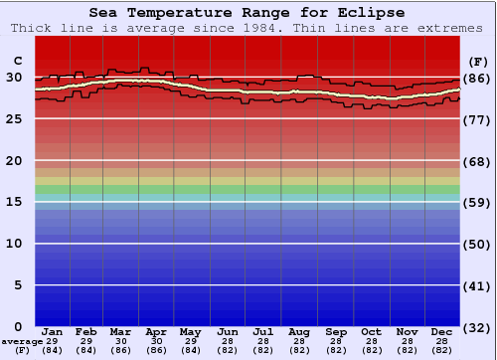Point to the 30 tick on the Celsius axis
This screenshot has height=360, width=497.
click(x=14, y=78)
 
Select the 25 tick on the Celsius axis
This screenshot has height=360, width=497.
click(x=14, y=119)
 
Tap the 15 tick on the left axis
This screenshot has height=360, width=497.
click(x=14, y=202)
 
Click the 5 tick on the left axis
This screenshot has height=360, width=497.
click(x=18, y=285)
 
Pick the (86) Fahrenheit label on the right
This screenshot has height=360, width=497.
click(x=477, y=78)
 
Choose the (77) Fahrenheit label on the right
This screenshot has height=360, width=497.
click(x=477, y=119)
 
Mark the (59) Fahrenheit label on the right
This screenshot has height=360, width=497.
click(x=477, y=202)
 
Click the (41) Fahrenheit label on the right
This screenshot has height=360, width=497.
click(x=477, y=285)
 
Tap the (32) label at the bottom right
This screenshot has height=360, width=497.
click(x=477, y=327)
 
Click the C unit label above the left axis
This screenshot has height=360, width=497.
click(x=17, y=61)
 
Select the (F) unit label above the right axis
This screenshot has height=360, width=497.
click(x=477, y=61)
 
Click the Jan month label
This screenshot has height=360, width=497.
click(x=53, y=331)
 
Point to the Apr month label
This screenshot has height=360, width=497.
click(x=156, y=331)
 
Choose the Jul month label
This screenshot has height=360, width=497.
click(x=263, y=331)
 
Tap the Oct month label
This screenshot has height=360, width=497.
click(x=371, y=331)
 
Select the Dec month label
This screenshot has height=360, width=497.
click(x=442, y=331)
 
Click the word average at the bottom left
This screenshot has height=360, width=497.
click(x=22, y=341)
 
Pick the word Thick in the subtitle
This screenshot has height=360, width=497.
click(x=32, y=28)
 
